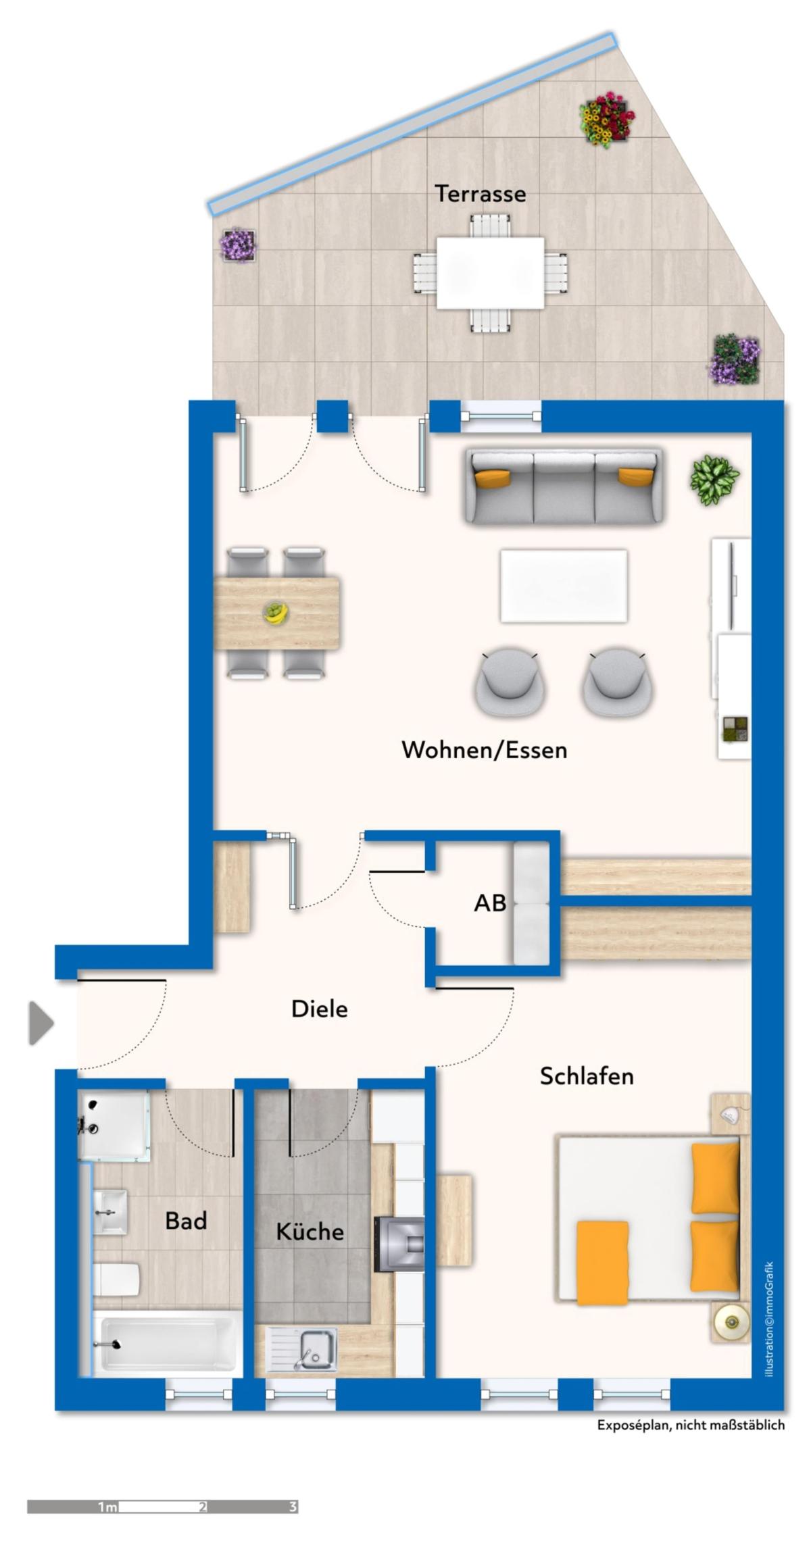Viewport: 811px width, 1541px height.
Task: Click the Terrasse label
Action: point(480,194)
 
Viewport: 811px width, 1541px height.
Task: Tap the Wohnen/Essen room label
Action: point(484,750)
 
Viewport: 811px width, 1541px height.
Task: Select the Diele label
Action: point(320,1009)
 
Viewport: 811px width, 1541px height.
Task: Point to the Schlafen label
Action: point(587,1076)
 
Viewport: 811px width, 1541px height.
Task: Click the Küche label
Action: point(310,1231)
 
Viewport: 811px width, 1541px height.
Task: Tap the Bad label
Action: point(186,1221)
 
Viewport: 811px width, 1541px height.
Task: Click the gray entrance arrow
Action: point(41,1024)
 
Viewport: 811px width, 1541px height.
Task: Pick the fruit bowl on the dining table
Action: point(276,612)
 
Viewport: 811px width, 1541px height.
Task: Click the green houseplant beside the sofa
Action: point(714,480)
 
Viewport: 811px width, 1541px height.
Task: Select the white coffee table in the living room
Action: point(564,586)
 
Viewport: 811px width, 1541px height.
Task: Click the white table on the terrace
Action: point(490,273)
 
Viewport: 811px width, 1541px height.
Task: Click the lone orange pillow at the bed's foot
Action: point(602,1261)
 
